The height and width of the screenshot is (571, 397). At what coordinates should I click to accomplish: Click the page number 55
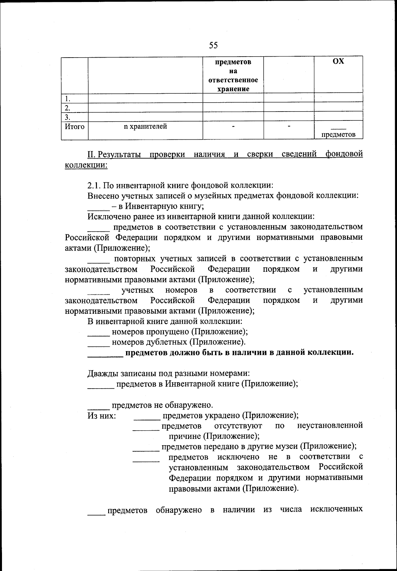point(213,45)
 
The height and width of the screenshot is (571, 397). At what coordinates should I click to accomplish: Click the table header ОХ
point(338,62)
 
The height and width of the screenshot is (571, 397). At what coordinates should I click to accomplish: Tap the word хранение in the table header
point(233,89)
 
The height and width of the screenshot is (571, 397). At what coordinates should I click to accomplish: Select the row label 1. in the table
point(68,99)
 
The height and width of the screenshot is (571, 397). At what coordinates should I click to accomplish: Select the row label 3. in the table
point(68,117)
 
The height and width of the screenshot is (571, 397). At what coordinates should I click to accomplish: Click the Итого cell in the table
point(74,126)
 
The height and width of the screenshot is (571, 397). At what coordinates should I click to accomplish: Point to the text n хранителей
point(145,126)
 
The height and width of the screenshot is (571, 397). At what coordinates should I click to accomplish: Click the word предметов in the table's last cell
point(338,134)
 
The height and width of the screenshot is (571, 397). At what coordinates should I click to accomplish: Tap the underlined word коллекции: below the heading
point(86,165)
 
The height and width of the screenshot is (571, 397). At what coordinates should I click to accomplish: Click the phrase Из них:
point(102,416)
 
